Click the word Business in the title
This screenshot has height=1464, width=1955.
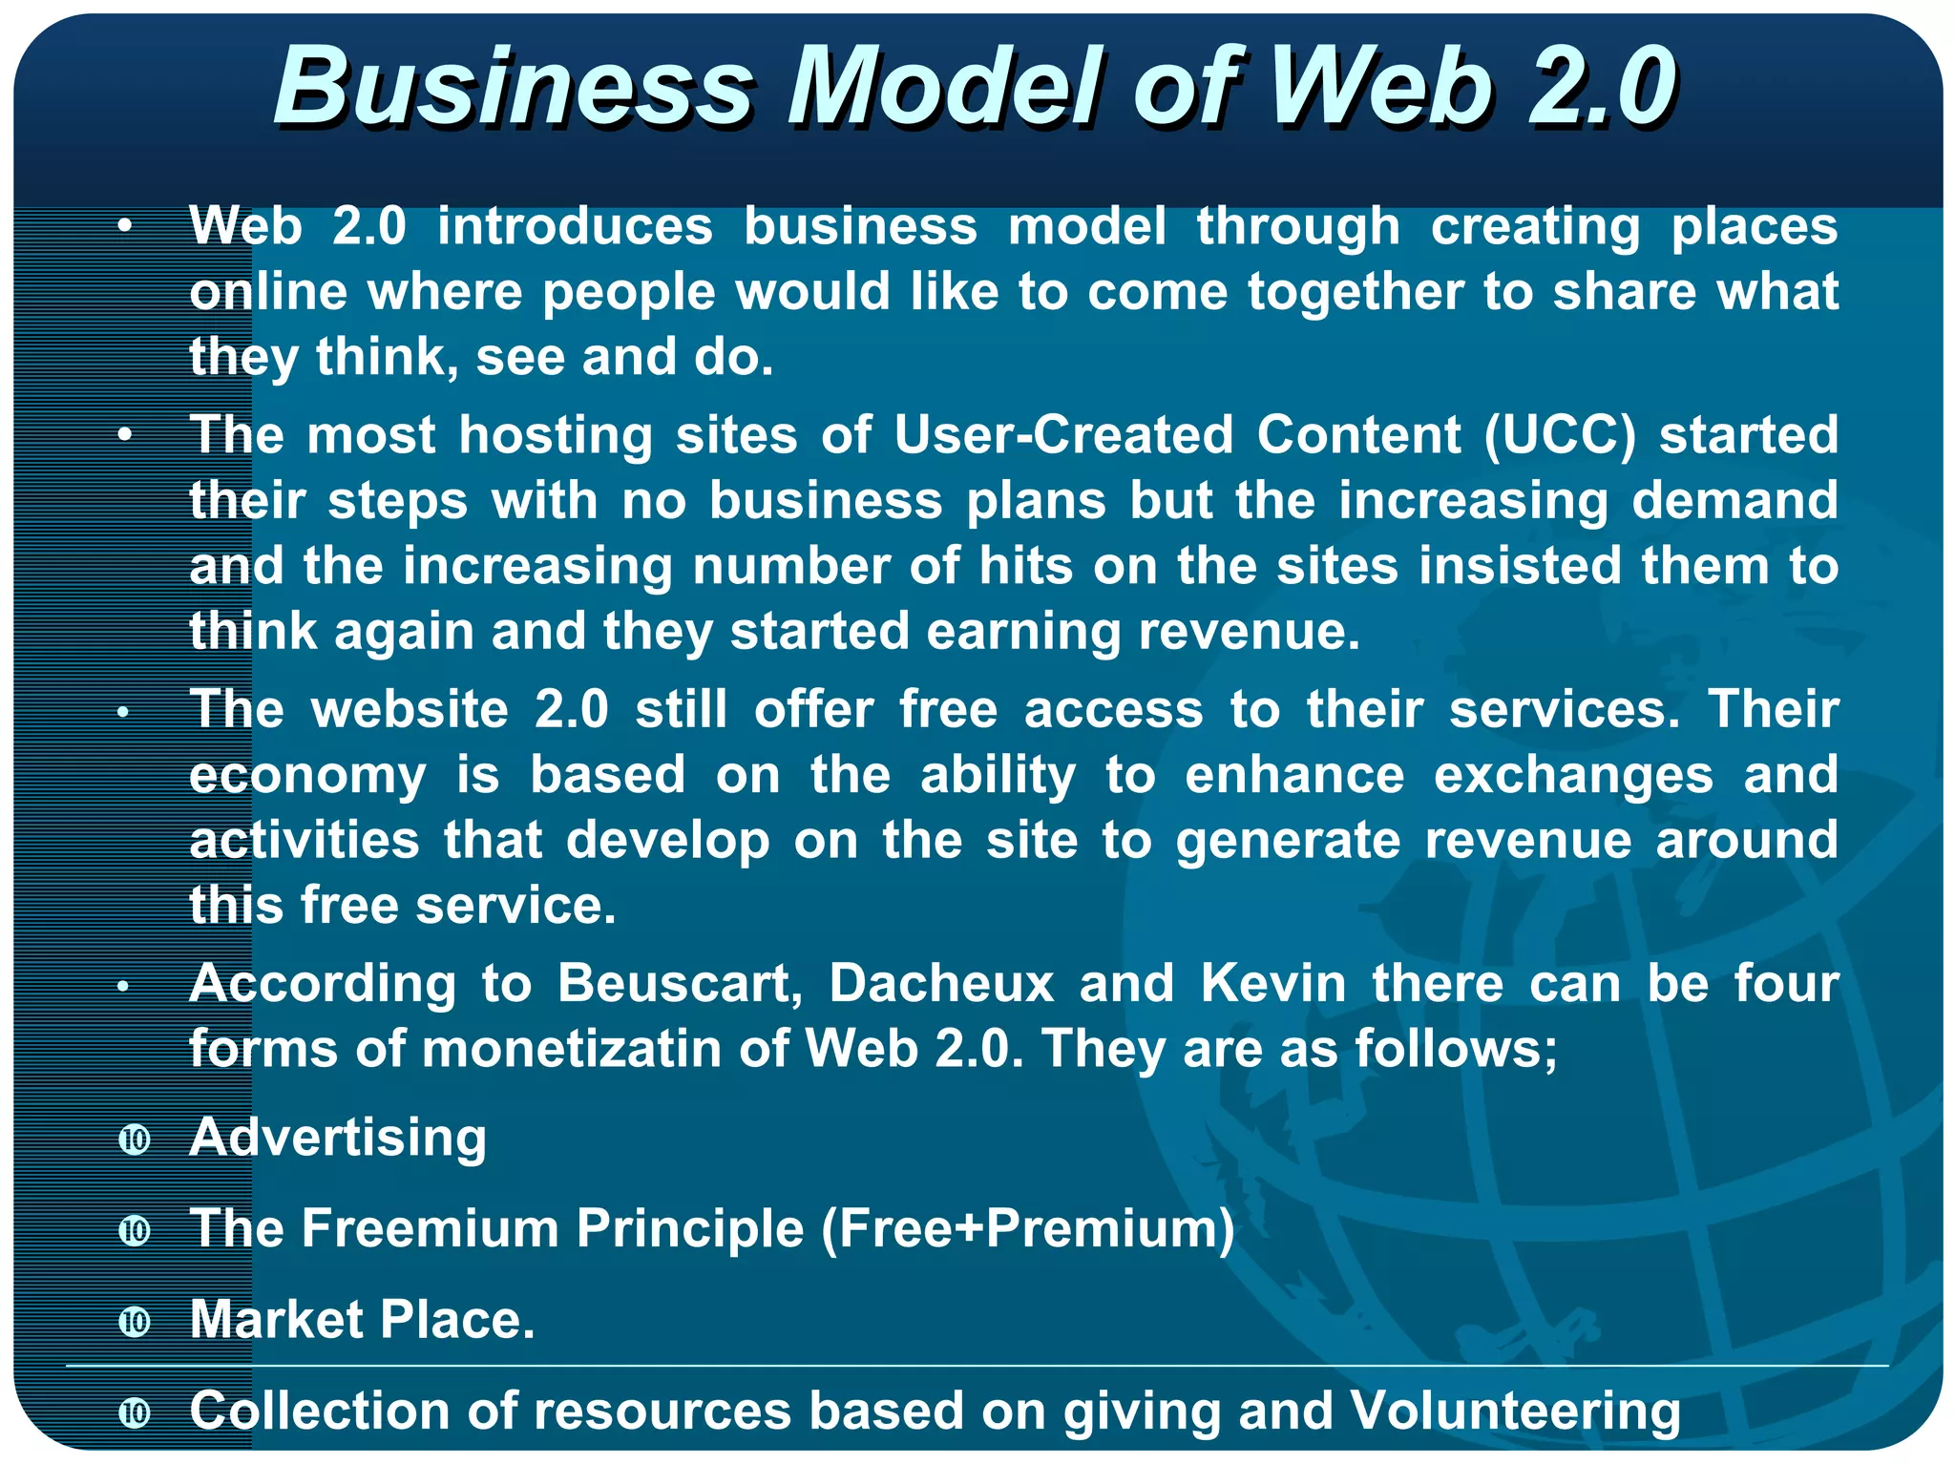(515, 88)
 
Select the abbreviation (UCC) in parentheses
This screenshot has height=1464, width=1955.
(1560, 435)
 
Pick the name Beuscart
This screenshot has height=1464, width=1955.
(680, 983)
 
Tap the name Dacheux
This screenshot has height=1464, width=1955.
(940, 983)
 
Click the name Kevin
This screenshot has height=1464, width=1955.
(1272, 983)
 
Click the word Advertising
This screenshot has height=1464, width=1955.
(338, 1138)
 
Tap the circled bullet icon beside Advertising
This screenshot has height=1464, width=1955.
(135, 1140)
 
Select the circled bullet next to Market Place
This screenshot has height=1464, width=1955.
(135, 1322)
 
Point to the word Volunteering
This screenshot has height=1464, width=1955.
(1515, 1411)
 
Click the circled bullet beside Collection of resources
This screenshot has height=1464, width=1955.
(135, 1412)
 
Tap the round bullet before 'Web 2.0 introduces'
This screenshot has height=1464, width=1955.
(124, 227)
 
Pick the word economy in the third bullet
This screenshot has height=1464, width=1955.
(307, 775)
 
